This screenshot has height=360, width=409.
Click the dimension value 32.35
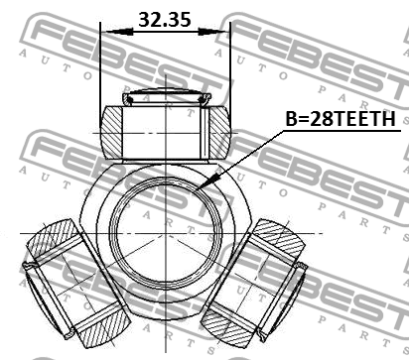point(165,19)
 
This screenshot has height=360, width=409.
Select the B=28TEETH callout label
point(341,119)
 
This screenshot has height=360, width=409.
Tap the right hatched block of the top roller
point(210,129)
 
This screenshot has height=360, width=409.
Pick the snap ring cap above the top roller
point(165,95)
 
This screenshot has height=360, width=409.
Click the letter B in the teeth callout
point(292,119)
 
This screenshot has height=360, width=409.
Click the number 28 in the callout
point(320,119)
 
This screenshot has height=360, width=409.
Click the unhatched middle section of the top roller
point(165,129)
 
